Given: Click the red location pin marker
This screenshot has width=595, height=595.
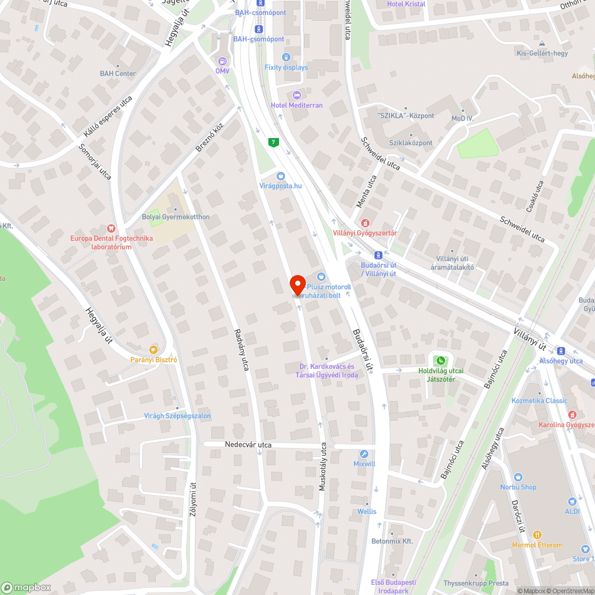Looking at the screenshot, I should (x=297, y=284).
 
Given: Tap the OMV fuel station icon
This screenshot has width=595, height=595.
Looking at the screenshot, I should (x=223, y=61).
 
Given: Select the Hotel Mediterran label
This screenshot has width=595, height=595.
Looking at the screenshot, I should (x=296, y=105).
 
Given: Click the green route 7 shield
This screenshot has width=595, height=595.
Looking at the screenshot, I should (x=273, y=142).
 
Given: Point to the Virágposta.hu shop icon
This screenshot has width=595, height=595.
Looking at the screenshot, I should (x=281, y=176).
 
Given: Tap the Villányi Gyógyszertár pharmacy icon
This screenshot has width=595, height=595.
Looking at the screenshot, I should (x=365, y=223).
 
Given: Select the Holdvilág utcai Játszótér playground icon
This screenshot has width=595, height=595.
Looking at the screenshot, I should (x=440, y=360).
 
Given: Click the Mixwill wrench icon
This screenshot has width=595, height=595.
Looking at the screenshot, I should (x=365, y=453).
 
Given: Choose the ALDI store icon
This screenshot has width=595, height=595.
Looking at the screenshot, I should (x=572, y=502).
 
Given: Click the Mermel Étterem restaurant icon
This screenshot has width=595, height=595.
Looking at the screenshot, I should (x=537, y=535).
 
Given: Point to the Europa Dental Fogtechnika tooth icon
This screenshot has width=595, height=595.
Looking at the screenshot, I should (x=110, y=228).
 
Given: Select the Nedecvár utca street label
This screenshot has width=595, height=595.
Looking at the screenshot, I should (x=248, y=444).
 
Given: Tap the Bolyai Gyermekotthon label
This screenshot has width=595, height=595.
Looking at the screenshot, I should (x=176, y=217).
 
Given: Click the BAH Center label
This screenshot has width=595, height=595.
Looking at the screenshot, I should (x=118, y=74).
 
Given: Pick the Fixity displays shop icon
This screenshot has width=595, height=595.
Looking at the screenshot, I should (x=286, y=57).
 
